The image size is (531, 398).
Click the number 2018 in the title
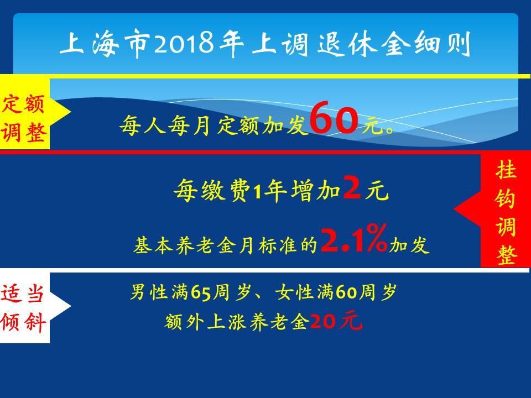184,44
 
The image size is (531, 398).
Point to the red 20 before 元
325,321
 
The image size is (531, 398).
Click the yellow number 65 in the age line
201,292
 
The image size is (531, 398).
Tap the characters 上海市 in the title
105,44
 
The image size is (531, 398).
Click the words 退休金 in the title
364,44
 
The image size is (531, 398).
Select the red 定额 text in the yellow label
23,103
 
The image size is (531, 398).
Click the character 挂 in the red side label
506,170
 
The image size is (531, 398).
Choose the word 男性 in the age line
149,292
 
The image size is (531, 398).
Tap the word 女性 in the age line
295,292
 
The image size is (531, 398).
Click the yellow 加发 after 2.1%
409,245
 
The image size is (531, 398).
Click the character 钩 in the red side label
506,198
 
